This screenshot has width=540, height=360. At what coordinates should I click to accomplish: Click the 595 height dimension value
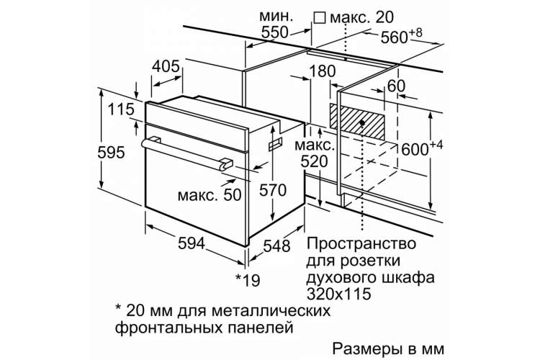click(x=111, y=153)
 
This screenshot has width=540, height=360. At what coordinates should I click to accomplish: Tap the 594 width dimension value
click(x=192, y=243)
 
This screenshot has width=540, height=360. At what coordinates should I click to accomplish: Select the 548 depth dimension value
click(x=277, y=246)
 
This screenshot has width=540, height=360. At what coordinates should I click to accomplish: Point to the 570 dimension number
click(x=273, y=190)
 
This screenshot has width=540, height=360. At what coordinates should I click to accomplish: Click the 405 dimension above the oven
click(x=166, y=66)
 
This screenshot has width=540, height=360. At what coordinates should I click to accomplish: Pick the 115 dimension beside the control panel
click(x=121, y=109)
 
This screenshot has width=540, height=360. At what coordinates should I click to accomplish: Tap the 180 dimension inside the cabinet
click(x=323, y=71)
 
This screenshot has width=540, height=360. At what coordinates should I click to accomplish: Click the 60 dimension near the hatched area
click(x=397, y=86)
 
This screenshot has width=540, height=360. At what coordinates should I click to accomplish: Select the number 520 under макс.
click(x=315, y=161)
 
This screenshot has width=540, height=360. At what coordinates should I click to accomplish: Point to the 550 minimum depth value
click(x=274, y=32)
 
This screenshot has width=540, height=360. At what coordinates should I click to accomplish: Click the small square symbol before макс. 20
click(x=320, y=17)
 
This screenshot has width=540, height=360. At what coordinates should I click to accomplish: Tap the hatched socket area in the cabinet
click(x=357, y=121)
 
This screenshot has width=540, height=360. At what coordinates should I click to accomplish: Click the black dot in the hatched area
click(x=362, y=122)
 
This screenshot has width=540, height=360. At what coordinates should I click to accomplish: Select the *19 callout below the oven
click(x=248, y=280)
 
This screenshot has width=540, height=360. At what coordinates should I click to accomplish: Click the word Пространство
click(x=361, y=244)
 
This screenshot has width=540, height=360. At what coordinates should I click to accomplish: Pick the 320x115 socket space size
click(x=339, y=294)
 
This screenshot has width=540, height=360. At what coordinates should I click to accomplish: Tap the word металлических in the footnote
click(x=271, y=311)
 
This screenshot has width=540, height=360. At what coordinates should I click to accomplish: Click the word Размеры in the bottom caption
click(x=367, y=348)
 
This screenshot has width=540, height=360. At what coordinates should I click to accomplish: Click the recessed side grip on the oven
click(x=275, y=143)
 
